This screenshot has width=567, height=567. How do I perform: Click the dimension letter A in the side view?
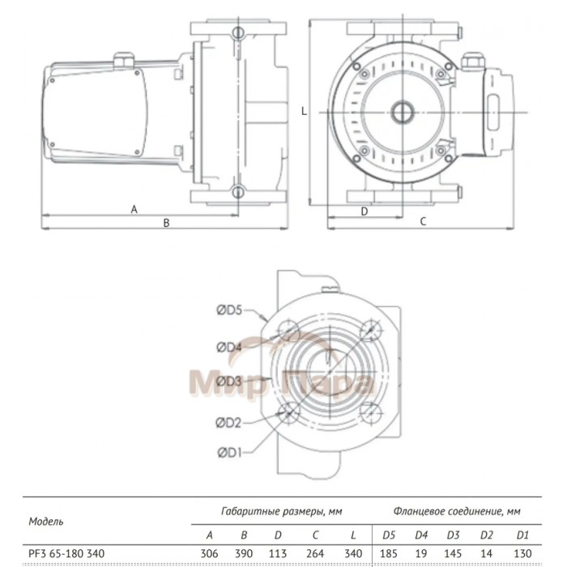click(134, 209)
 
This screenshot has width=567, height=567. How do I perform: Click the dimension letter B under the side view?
click(166, 223)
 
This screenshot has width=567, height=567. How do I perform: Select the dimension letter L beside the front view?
click(303, 113)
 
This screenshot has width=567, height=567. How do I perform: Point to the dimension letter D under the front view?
click(364, 210)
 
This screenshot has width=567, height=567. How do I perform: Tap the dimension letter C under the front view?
click(423, 220)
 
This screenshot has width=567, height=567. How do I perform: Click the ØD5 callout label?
click(230, 309)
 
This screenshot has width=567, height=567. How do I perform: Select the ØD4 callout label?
click(230, 347)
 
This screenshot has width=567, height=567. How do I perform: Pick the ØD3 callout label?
click(230, 381)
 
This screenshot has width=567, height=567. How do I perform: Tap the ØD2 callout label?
click(230, 421)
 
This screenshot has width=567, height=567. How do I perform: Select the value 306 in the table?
click(208, 553)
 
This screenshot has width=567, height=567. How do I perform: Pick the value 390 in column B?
click(243, 553)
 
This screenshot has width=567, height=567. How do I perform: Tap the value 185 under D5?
click(390, 553)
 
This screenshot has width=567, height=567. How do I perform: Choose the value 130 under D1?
click(522, 553)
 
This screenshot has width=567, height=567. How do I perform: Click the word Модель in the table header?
click(45, 522)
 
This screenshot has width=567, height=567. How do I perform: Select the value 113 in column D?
click(279, 553)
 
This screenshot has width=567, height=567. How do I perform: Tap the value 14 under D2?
click(488, 553)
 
